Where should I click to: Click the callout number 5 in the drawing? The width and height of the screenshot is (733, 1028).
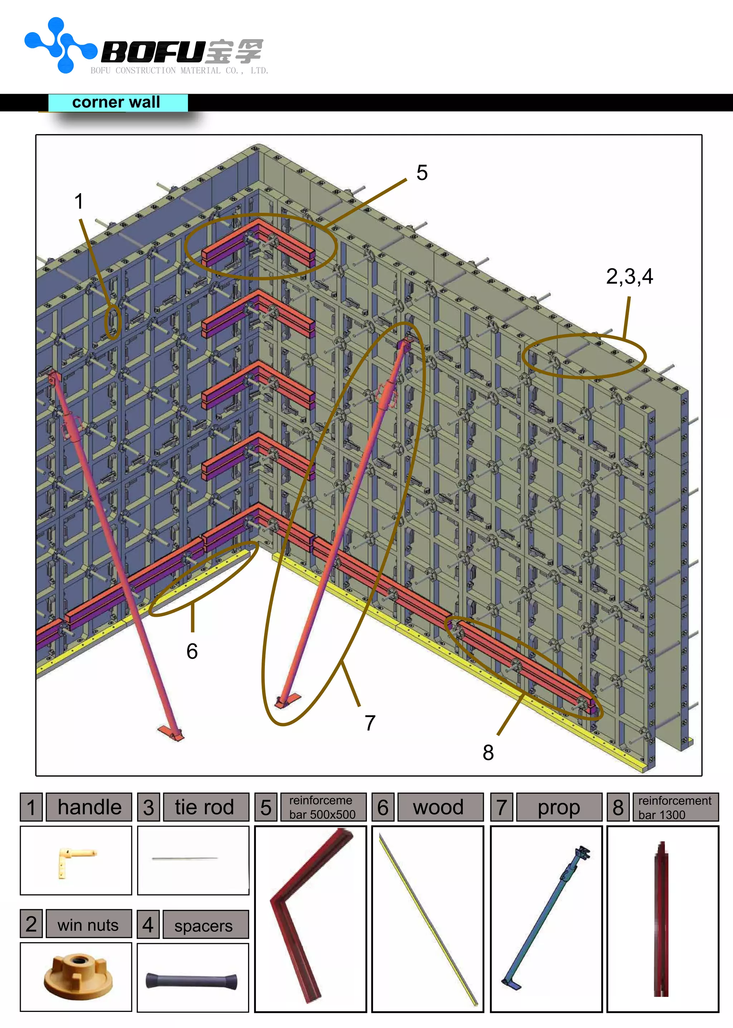pyautogui.click(x=422, y=173)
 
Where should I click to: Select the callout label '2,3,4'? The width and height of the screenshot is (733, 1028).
pyautogui.click(x=629, y=276)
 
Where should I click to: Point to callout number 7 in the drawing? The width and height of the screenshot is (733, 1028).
pyautogui.click(x=370, y=722)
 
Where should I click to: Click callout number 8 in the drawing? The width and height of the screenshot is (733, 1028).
pyautogui.click(x=488, y=752)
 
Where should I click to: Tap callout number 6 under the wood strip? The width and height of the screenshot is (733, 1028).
pyautogui.click(x=192, y=651)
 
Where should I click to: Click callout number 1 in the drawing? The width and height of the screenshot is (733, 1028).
pyautogui.click(x=79, y=201)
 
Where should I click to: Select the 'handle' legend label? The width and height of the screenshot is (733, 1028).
pyautogui.click(x=89, y=807)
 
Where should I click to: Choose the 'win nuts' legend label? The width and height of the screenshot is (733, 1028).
pyautogui.click(x=88, y=925)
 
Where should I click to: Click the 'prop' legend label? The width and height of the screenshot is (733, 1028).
pyautogui.click(x=558, y=807)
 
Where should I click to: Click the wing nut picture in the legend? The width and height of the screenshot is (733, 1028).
pyautogui.click(x=78, y=976)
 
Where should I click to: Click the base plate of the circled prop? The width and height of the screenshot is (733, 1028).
pyautogui.click(x=287, y=701)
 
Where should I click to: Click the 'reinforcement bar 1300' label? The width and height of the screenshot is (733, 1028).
pyautogui.click(x=674, y=807)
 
